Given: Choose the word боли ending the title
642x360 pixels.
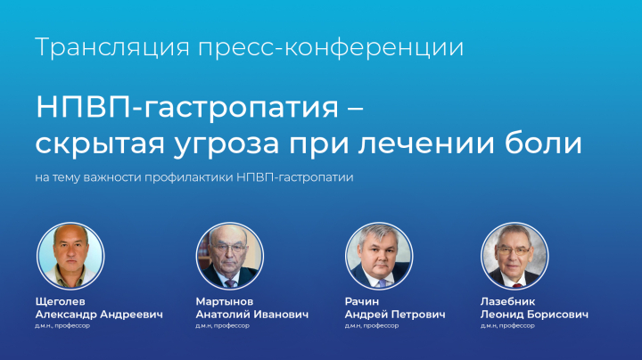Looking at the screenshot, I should click(x=551, y=143).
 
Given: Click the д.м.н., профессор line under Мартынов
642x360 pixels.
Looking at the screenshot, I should click(x=223, y=326).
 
